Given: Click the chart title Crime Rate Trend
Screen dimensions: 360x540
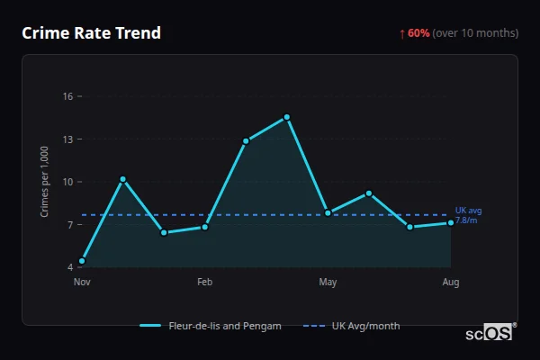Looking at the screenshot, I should [x=92, y=33].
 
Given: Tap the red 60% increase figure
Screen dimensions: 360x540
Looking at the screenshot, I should [x=418, y=33].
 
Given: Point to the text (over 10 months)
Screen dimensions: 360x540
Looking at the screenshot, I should [x=475, y=33].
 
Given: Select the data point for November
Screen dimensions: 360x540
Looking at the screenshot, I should [x=82, y=261].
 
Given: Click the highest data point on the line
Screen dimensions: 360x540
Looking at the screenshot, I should [x=287, y=117].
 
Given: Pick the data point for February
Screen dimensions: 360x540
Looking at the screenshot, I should [x=205, y=227].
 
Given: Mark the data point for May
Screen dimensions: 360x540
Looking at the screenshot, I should [x=328, y=213].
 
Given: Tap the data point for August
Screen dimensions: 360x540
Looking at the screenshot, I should [x=451, y=223].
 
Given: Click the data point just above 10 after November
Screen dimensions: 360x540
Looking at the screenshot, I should [x=122, y=179].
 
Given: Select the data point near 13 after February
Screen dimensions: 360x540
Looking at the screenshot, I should [x=246, y=141].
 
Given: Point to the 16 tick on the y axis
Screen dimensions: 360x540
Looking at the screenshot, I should [x=67, y=96].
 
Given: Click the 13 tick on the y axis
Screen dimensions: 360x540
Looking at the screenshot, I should [x=67, y=139].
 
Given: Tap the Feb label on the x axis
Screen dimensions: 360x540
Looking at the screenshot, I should [x=205, y=283].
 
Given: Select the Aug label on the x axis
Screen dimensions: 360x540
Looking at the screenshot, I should [x=451, y=283].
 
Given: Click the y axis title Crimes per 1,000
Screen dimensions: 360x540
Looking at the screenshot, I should [x=45, y=182].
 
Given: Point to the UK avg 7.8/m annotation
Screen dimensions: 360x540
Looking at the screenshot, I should [x=468, y=215].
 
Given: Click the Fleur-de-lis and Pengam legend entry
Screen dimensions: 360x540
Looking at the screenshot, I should [x=211, y=326].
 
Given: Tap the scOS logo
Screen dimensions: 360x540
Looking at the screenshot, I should [x=490, y=333].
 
